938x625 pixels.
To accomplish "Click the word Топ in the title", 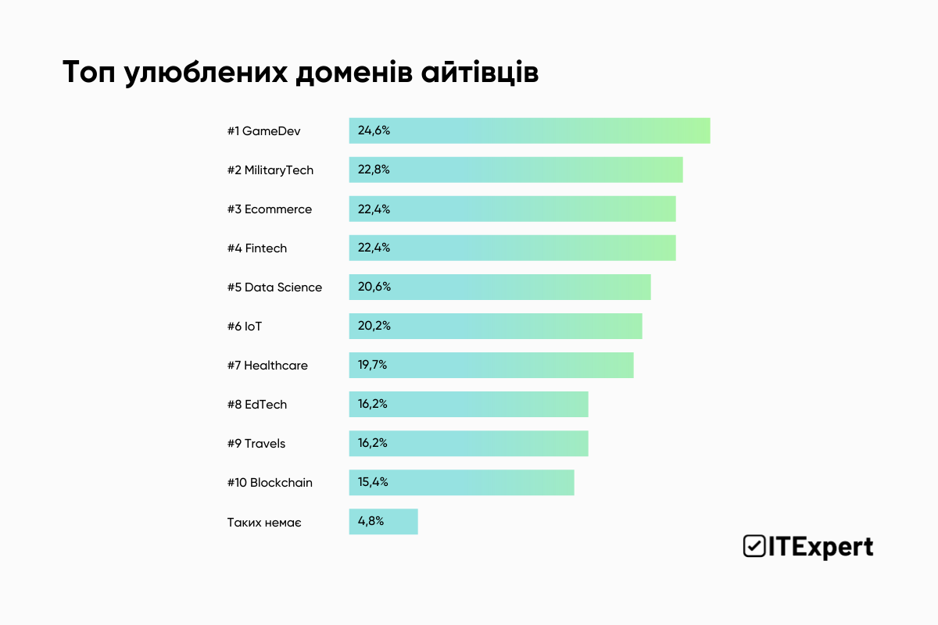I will point(88,72).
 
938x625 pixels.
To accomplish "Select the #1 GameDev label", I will point(263,130).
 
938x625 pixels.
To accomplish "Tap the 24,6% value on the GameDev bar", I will point(374,130).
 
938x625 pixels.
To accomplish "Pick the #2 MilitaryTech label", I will point(270,170).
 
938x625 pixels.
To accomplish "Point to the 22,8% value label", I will point(374,170).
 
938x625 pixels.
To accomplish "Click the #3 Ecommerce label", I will point(269,209).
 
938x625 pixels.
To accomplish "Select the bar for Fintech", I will point(512,248).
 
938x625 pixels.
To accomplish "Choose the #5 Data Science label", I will point(274,287).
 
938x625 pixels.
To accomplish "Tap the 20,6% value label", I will point(374,287).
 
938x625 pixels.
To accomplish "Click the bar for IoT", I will point(496,326).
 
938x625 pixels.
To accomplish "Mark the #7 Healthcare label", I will point(267,365).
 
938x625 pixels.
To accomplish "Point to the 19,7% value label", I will point(372,365).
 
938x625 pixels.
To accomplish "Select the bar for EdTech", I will point(468,404).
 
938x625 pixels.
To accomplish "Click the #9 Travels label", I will point(256,443).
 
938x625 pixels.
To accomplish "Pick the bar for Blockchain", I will point(461,482).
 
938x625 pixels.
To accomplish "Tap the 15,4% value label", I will point(373,482).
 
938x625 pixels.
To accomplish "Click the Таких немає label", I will point(264,521).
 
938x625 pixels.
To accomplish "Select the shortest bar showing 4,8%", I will point(383,521).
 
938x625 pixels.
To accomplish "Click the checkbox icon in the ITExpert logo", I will point(754,546).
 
